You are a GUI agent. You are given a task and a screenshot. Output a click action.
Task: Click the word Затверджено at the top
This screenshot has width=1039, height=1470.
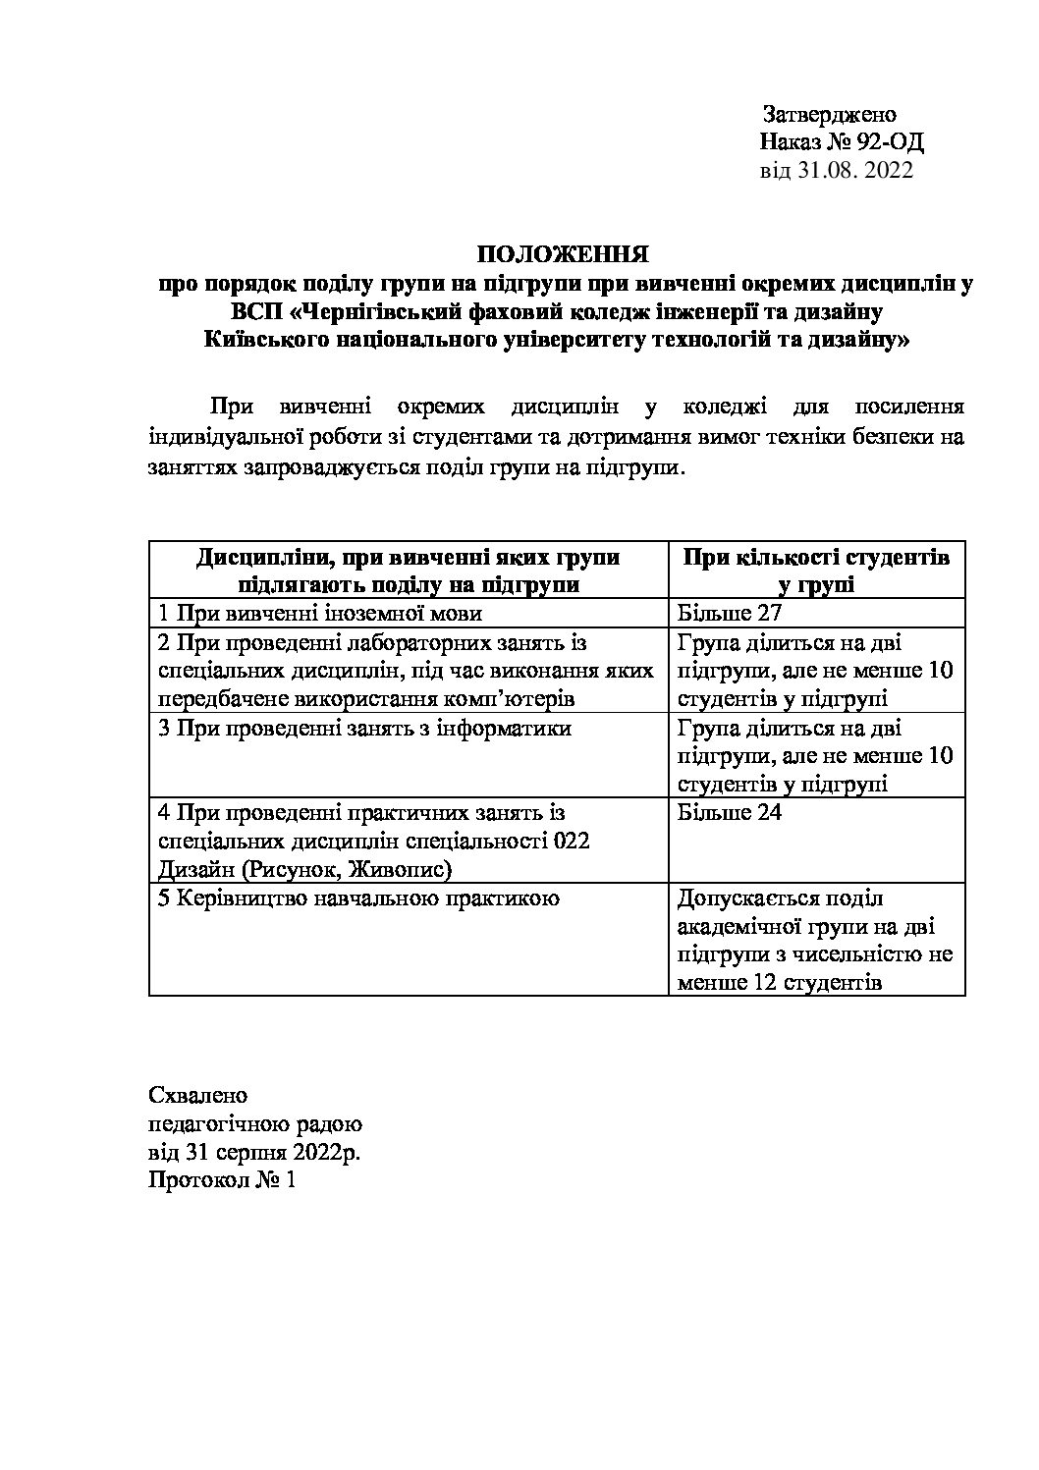coord(829,115)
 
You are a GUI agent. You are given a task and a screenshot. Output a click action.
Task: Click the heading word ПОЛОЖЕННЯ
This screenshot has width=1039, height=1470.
coord(563,257)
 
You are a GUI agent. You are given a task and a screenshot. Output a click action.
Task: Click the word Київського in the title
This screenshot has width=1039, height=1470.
coord(264,341)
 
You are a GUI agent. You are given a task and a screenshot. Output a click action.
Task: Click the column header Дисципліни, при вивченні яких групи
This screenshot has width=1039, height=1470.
coord(409,558)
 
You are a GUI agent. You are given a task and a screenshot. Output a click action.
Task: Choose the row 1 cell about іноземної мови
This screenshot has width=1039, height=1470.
coord(321,614)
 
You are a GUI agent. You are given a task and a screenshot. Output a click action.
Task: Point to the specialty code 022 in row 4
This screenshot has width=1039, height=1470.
coord(572,842)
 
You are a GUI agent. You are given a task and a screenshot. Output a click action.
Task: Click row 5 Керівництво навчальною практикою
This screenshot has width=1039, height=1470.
coord(359,898)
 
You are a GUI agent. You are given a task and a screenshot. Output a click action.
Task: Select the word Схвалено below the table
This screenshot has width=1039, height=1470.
coord(198,1095)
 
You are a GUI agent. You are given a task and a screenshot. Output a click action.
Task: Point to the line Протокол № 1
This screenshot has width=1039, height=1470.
coord(222,1179)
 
